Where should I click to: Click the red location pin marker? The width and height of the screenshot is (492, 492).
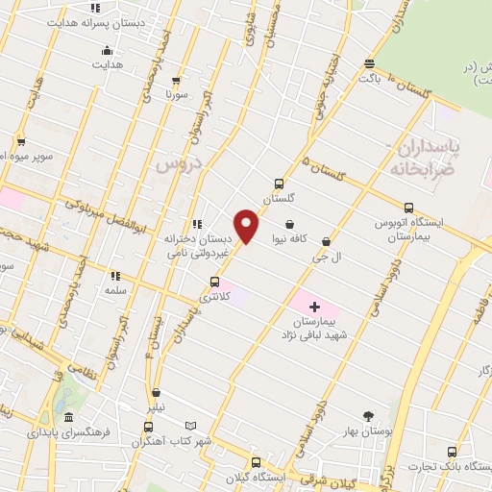coord(247,227)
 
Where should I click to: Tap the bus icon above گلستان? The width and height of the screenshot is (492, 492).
coord(279,184)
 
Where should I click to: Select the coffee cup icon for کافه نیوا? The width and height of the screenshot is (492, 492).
coord(289,224)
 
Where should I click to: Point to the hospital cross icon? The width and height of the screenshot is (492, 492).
coord(314,307)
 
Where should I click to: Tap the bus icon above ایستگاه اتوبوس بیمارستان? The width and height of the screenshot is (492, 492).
coord(409,207)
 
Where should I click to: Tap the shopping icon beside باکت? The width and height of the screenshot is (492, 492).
coord(370,64)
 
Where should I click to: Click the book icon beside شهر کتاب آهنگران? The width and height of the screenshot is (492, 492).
coord(190,426)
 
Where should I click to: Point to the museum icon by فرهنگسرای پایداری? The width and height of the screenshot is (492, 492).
coord(68,418)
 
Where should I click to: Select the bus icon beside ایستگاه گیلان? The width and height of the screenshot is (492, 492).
coord(255,462)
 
